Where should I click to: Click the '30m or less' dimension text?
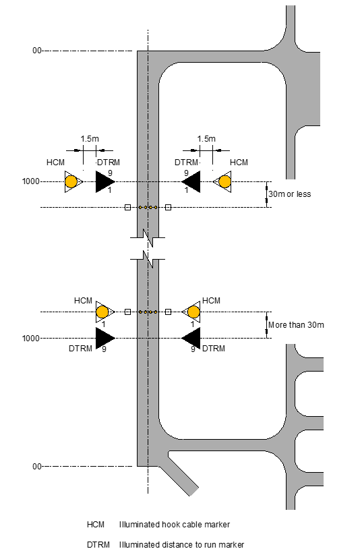click(x=289, y=194)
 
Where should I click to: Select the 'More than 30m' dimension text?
click(x=296, y=325)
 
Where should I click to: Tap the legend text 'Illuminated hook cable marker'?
click(x=175, y=525)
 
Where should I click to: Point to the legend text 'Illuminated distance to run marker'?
click(x=181, y=544)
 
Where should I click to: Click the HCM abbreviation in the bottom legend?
click(x=96, y=525)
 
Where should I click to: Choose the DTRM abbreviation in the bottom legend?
click(x=98, y=544)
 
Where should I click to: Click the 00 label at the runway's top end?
click(x=37, y=51)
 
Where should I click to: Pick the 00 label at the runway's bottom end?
click(x=37, y=467)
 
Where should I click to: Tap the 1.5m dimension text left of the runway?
click(x=90, y=139)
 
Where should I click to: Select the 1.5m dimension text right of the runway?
click(x=206, y=139)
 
